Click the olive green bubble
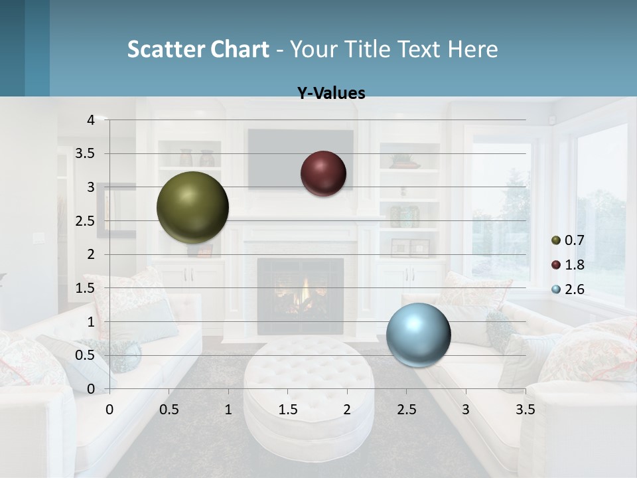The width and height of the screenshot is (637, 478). pyautogui.click(x=192, y=207)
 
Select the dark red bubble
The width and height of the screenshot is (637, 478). pyautogui.click(x=323, y=173)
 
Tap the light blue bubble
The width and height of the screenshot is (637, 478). pyautogui.click(x=418, y=335)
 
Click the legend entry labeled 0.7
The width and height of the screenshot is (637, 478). pyautogui.click(x=573, y=240)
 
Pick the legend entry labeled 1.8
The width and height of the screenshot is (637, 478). pyautogui.click(x=573, y=265)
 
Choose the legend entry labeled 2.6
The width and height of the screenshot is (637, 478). pyautogui.click(x=573, y=289)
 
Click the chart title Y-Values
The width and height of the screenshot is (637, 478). pyautogui.click(x=330, y=94)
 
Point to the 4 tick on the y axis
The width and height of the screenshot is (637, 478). pyautogui.click(x=91, y=120)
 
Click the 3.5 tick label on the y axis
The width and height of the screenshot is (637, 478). pyautogui.click(x=86, y=153)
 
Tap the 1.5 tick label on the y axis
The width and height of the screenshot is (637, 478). pyautogui.click(x=86, y=288)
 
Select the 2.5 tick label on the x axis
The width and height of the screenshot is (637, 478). pyautogui.click(x=406, y=409)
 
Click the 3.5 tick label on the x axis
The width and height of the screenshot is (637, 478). pyautogui.click(x=525, y=409)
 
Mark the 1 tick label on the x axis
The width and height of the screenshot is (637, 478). pyautogui.click(x=228, y=409)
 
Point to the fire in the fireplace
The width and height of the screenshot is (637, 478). pyautogui.click(x=306, y=292)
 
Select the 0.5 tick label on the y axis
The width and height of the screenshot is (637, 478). pyautogui.click(x=86, y=355)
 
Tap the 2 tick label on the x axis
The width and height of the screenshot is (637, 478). pyautogui.click(x=347, y=409)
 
